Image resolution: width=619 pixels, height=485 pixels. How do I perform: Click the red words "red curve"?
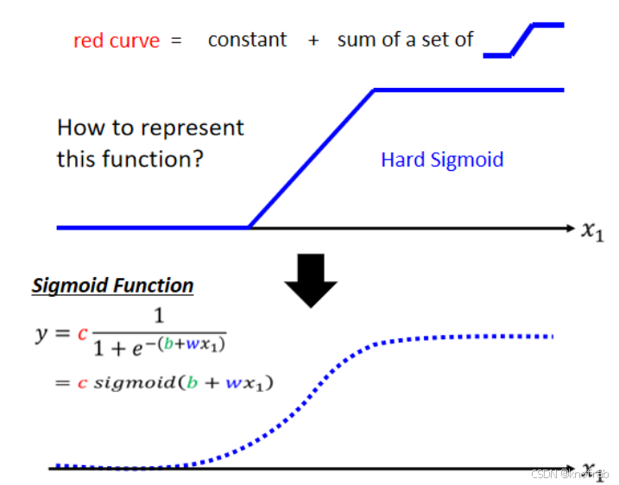(x=117, y=41)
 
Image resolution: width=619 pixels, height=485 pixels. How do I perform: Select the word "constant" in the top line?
(x=247, y=40)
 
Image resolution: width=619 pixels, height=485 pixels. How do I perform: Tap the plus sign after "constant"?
(x=313, y=41)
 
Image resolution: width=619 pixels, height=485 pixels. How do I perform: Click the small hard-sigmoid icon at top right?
(x=523, y=40)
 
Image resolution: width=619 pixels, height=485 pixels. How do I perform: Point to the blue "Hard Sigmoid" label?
(x=442, y=160)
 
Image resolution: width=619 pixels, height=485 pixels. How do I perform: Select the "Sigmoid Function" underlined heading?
(x=113, y=286)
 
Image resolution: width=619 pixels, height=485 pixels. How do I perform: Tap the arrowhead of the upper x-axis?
(x=569, y=228)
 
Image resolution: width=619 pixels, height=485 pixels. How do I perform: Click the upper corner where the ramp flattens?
(x=375, y=90)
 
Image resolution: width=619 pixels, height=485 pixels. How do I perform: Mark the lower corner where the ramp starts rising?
(x=249, y=227)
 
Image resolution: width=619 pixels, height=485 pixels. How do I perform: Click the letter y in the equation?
(x=41, y=334)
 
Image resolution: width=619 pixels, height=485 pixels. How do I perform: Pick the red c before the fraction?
(x=83, y=333)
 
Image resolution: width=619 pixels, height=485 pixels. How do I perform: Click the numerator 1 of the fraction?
(x=157, y=318)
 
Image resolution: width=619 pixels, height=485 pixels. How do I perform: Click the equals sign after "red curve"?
(x=176, y=41)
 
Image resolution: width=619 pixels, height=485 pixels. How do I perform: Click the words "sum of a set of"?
(x=405, y=40)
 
